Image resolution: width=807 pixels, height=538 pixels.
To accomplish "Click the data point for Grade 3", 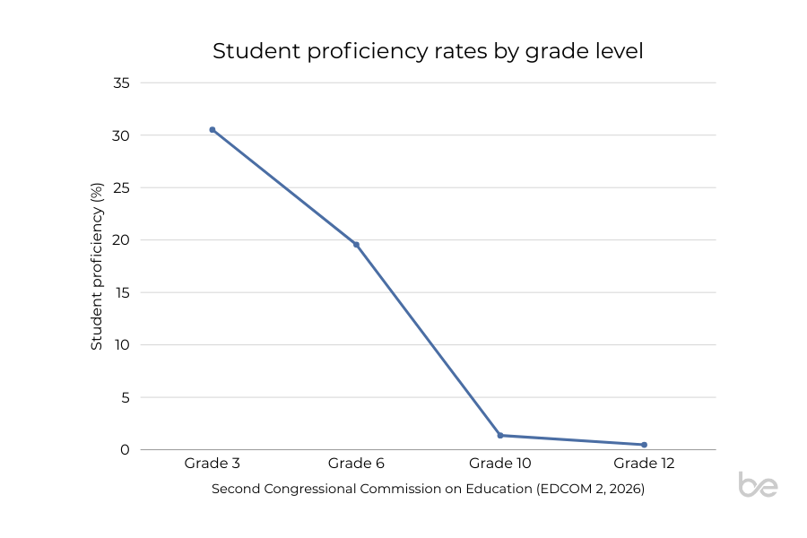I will coord(213,130).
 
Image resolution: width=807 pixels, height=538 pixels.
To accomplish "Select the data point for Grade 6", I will coord(356,245).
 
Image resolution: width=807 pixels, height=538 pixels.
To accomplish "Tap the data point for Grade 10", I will coord(500,436).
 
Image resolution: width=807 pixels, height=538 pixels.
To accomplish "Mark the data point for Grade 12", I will coord(644,445).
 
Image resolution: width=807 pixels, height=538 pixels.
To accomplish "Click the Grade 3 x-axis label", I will coord(213,464).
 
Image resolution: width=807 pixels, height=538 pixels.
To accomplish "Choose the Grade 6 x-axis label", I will coord(356,464).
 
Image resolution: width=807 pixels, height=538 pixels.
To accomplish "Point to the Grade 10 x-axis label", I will coord(500,464).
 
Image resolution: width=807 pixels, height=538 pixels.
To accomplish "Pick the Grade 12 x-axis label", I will coord(644,464).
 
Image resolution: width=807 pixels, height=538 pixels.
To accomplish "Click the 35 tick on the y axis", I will coord(122,83).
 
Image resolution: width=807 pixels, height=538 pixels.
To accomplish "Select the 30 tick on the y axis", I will coord(122,135).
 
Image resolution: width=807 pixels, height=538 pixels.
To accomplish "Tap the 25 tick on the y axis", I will coord(122,188).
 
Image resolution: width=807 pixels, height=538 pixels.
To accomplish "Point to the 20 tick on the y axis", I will coord(122,240).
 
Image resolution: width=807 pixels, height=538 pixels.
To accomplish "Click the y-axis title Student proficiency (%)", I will coord(97,266).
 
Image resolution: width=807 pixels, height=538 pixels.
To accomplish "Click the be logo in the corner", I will coord(758,484).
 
